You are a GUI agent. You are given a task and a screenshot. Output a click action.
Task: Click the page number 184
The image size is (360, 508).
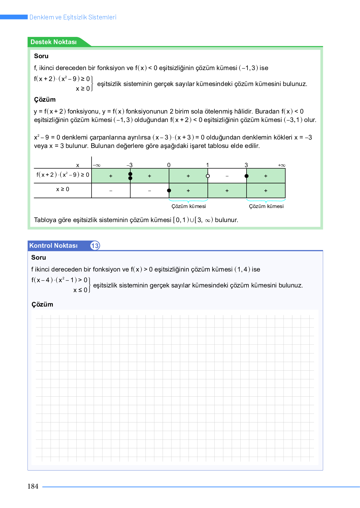[x=33, y=486]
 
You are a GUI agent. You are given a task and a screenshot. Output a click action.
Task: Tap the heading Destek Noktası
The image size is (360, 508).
[x=53, y=42]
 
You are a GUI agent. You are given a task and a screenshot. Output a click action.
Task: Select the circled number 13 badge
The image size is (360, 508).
[x=95, y=246]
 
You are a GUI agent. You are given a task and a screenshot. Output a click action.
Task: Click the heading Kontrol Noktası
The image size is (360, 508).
[x=53, y=246]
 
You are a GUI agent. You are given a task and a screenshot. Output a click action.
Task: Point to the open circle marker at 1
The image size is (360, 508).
[x=208, y=176]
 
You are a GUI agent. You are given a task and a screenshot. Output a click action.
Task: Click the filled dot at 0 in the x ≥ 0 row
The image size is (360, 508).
[x=169, y=190]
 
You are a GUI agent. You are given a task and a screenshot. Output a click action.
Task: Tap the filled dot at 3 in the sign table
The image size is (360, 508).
[x=247, y=176]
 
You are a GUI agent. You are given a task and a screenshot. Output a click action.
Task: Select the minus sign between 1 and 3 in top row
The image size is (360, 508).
[x=227, y=176]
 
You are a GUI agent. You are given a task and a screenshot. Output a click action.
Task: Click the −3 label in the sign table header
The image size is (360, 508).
[x=129, y=165]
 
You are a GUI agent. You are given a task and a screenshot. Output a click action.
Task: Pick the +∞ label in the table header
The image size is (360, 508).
[x=282, y=165]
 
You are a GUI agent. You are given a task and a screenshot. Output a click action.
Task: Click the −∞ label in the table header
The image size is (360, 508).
[x=97, y=165]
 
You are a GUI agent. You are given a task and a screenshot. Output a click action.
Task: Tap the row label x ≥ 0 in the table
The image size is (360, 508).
[x=62, y=189]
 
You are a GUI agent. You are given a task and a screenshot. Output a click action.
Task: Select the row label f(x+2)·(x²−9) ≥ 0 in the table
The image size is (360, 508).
[x=63, y=175]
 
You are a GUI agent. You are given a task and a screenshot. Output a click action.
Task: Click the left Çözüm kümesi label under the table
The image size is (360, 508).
[x=188, y=206]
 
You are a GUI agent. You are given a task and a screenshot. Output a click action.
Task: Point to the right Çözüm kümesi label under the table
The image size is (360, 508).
[x=266, y=206]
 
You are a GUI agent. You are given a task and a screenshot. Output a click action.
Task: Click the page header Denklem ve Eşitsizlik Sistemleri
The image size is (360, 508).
[x=73, y=17]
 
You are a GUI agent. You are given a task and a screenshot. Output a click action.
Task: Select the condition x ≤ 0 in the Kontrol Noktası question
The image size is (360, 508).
[x=80, y=290]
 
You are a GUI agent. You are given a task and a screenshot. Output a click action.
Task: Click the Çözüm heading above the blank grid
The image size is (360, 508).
[x=42, y=304]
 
